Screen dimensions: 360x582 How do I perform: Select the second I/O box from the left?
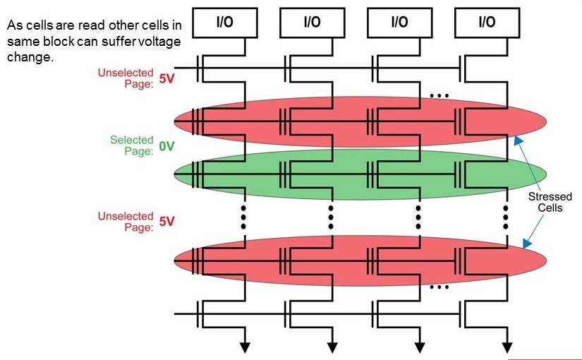click(x=312, y=22)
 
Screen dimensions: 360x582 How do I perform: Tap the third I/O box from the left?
click(x=399, y=22)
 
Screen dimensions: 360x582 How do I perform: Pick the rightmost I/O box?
click(x=487, y=22)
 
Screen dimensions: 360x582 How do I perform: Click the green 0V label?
click(x=166, y=147)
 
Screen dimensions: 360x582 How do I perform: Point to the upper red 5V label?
click(x=166, y=79)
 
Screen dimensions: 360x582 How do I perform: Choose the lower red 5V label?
click(x=166, y=222)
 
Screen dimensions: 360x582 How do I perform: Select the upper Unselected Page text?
click(x=126, y=78)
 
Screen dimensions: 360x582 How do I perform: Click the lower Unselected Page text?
click(x=126, y=222)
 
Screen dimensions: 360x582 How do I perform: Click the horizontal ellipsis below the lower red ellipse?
click(x=439, y=287)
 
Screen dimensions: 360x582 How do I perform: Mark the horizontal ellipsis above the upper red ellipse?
click(x=439, y=95)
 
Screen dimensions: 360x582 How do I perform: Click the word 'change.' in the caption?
click(x=30, y=57)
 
